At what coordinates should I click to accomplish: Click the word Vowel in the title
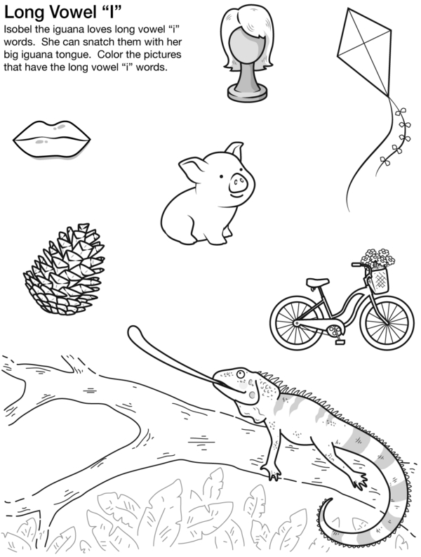73,13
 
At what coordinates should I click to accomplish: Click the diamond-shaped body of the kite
365,51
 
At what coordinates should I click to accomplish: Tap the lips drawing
52,139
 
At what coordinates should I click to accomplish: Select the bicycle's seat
317,282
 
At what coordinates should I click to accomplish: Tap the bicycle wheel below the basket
387,323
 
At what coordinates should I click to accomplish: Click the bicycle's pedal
340,342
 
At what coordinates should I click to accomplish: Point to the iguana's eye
241,374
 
